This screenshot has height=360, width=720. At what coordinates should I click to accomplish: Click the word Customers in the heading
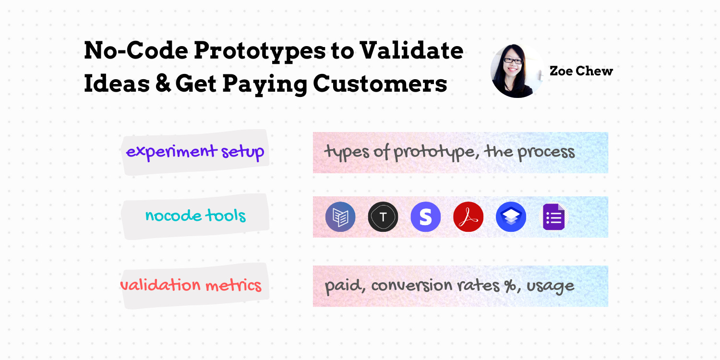[380, 84]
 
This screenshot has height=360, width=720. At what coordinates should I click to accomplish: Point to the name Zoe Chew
[581, 71]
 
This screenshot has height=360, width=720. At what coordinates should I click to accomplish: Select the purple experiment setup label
[195, 152]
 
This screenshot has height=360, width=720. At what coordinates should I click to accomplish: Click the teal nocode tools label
[195, 216]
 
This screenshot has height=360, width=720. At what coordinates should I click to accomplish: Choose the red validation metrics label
[191, 285]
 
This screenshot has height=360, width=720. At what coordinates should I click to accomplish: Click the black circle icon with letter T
[383, 217]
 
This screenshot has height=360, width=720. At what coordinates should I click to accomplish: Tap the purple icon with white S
[426, 217]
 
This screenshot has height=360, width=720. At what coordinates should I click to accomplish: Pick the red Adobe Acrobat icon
[468, 217]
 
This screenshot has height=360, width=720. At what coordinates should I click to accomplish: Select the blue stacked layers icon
[511, 217]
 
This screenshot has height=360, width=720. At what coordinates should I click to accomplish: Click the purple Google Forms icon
[553, 217]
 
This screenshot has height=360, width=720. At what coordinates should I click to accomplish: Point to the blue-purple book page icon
[340, 217]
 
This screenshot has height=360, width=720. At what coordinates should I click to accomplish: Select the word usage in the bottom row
[551, 287]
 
